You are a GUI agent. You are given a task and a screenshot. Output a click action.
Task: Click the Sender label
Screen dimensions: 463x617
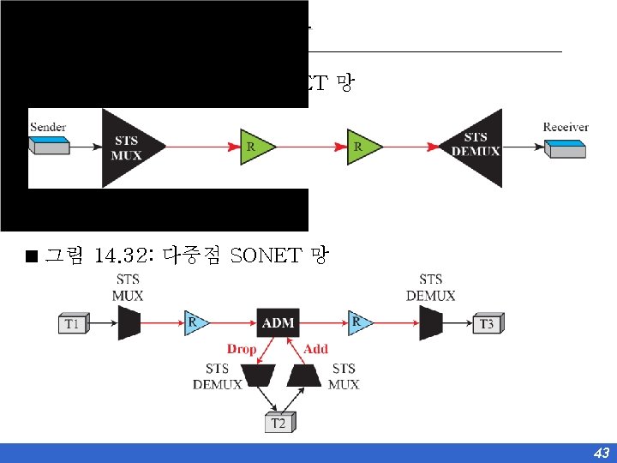click(48, 127)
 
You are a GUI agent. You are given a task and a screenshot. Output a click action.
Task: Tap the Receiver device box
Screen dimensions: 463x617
click(566, 149)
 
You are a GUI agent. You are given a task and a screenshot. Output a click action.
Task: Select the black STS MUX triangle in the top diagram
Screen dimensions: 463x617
click(125, 147)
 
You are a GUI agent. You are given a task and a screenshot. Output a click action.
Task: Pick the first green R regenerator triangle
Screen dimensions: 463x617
click(255, 147)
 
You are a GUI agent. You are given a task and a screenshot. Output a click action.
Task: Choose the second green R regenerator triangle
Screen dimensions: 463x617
click(361, 147)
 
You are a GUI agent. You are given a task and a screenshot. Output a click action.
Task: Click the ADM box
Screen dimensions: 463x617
click(278, 323)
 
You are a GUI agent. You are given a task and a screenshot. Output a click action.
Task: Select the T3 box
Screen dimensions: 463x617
click(486, 324)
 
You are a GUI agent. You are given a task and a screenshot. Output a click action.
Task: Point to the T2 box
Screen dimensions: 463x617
click(279, 422)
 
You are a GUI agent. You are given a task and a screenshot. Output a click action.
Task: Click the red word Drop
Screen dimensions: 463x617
click(242, 349)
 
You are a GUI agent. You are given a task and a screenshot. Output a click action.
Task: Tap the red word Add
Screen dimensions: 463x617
click(315, 349)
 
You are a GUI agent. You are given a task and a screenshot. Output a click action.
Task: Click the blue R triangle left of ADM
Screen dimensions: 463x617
click(195, 323)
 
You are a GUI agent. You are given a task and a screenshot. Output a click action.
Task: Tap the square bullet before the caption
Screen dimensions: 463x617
click(32, 256)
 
